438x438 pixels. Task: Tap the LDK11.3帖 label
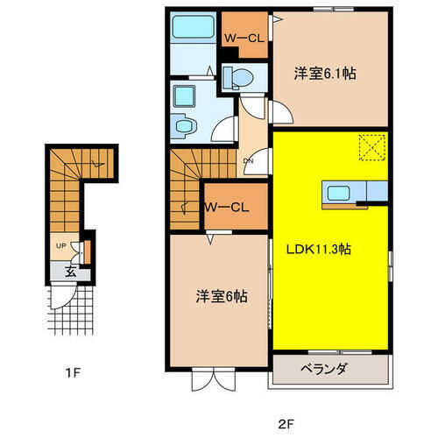(x=319, y=248)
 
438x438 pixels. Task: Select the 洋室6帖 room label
(x=221, y=297)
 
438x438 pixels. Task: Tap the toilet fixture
(x=239, y=79)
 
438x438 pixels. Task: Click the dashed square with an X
(x=373, y=146)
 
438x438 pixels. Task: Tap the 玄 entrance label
(x=68, y=272)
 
